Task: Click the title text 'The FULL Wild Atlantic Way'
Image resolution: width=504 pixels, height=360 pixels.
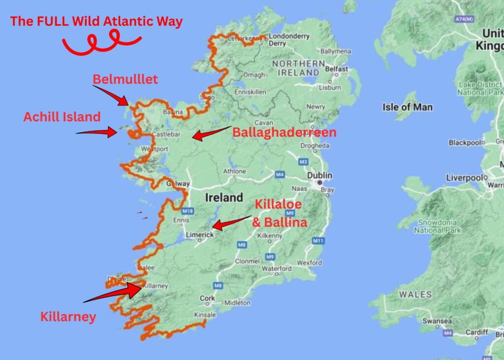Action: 96,22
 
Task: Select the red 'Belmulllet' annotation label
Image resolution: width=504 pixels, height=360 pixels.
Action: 125,80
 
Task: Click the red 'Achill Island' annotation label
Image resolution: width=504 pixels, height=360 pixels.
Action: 62,117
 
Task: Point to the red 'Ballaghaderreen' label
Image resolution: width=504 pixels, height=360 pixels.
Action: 284,132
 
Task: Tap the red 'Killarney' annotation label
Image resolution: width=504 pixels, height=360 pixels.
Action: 68,317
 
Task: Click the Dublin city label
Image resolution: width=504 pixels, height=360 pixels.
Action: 319,176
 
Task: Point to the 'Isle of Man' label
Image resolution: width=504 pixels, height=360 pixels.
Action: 408,107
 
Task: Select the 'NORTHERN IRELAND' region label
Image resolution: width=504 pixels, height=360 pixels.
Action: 298,68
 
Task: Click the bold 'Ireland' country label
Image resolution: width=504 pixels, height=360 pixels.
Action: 224,197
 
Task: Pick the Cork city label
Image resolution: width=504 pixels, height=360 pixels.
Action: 207,298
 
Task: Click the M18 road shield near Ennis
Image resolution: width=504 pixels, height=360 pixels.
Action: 188,211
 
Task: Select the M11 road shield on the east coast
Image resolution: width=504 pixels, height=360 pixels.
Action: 318,240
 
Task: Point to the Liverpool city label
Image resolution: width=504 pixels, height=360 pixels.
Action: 464,178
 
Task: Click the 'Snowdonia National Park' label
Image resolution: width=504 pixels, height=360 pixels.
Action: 437,227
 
